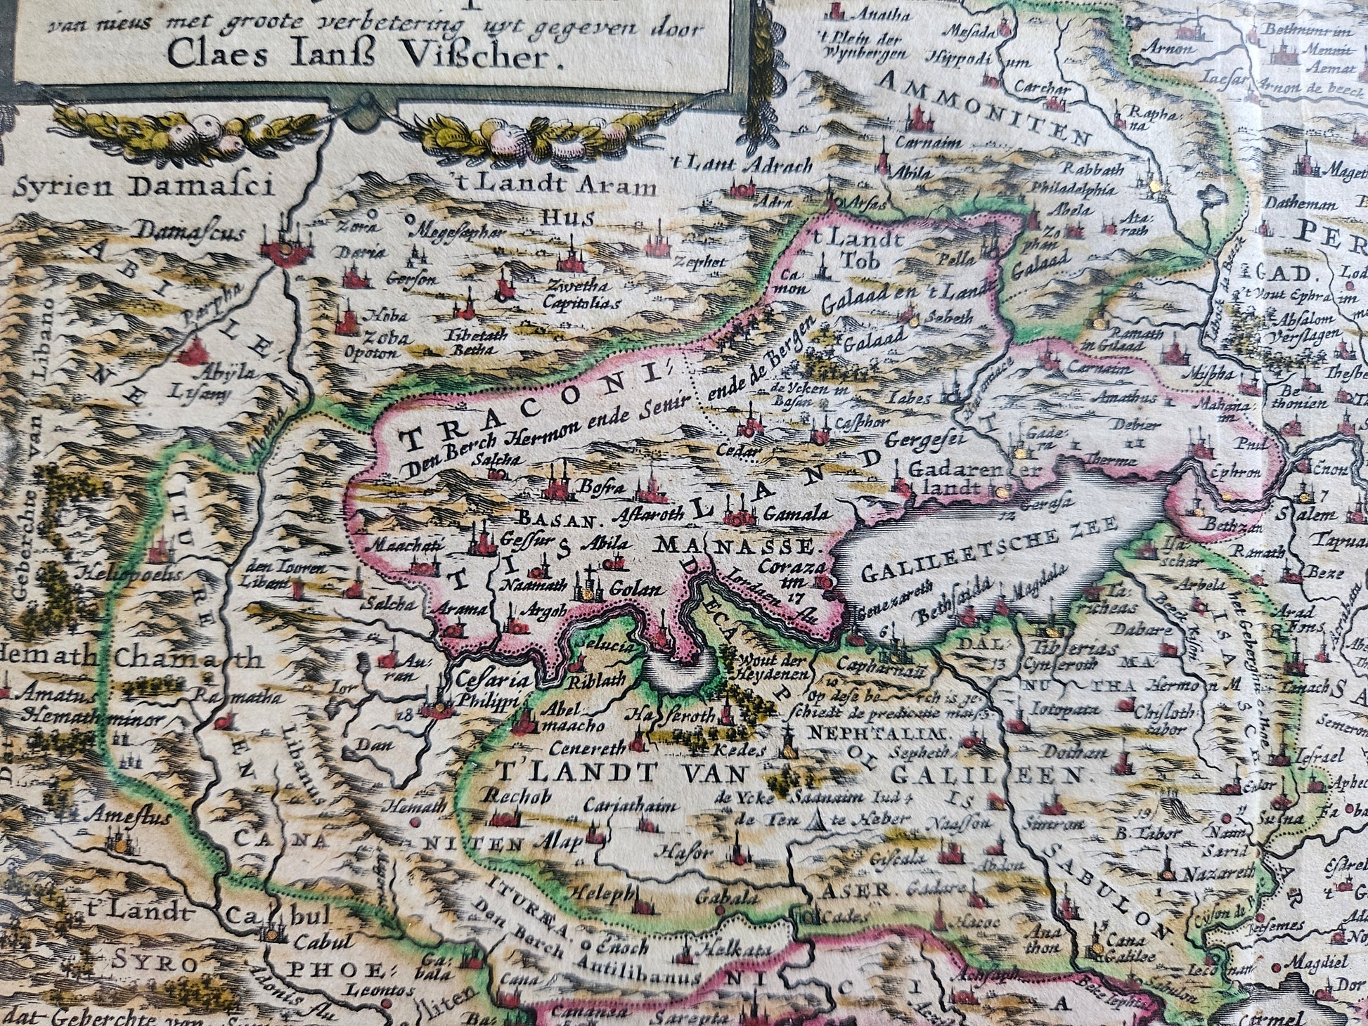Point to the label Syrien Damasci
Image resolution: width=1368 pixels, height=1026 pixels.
pyautogui.click(x=143, y=187)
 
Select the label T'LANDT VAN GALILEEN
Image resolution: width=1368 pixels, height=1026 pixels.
pyautogui.click(x=787, y=774)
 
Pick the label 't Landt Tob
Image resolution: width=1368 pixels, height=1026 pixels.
pyautogui.click(x=853, y=248)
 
